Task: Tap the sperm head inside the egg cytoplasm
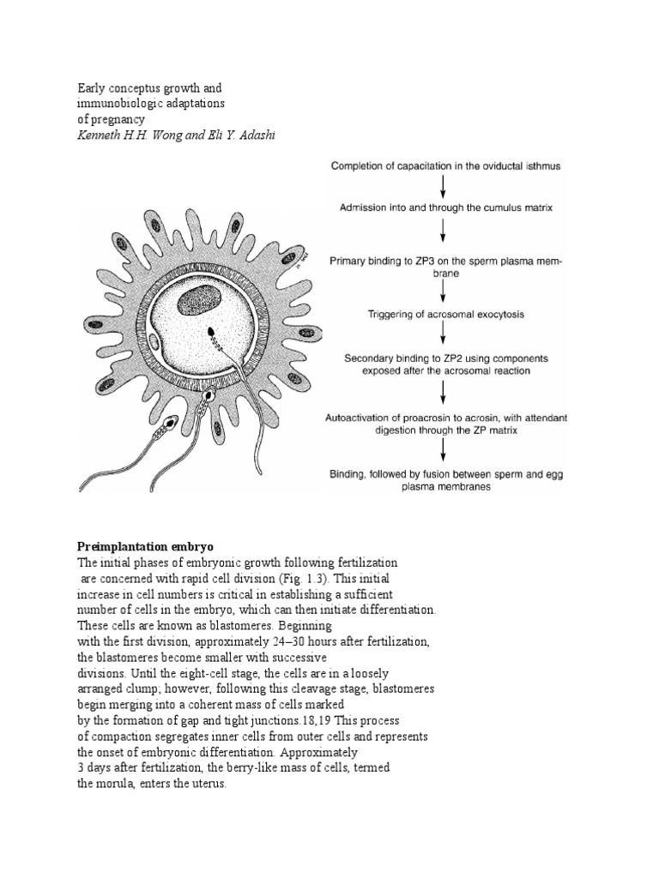coord(211,330)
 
